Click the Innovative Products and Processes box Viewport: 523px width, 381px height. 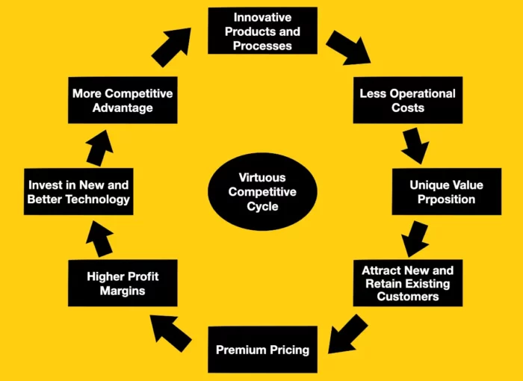point(262,31)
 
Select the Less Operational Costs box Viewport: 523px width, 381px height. point(408,100)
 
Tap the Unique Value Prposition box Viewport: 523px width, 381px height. point(446,191)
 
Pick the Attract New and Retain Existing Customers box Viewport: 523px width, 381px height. point(408,283)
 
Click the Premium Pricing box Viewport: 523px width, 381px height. point(262,350)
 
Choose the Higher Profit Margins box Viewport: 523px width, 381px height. point(123,283)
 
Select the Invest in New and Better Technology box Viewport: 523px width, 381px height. point(78,191)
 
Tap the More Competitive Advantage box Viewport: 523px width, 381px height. point(123,100)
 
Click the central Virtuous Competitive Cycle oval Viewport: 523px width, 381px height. point(262,191)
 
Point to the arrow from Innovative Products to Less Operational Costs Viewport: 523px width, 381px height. point(349,48)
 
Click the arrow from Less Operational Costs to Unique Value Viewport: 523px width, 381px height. point(415,146)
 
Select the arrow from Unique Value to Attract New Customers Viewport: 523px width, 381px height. point(415,238)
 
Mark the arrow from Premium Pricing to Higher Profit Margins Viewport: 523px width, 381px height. point(170,332)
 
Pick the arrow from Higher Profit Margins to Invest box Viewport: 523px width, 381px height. point(99,239)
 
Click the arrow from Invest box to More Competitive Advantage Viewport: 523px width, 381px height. point(99,148)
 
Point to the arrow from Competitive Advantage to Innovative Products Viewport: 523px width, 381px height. point(172,47)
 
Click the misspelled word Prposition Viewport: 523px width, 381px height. point(446,199)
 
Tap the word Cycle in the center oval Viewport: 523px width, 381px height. point(262,206)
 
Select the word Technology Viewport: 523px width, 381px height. point(97,199)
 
